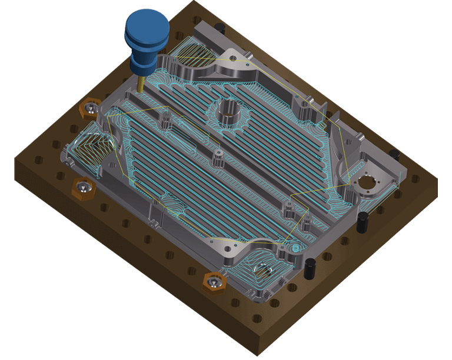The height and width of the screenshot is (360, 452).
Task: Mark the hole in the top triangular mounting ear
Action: pos(234,59)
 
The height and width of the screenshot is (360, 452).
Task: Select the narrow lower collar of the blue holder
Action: pos(141,65)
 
